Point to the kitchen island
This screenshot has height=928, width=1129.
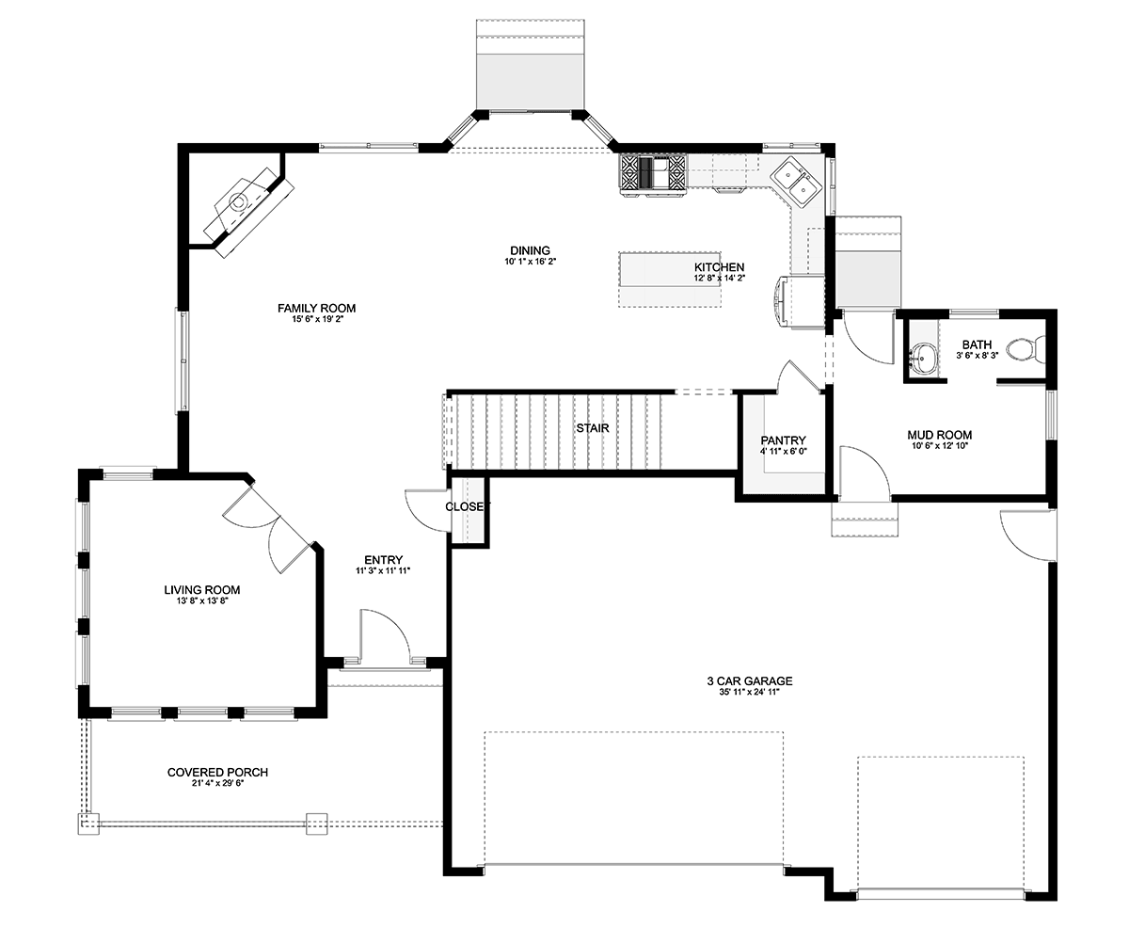tap(670, 279)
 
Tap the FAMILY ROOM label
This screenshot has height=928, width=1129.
tap(316, 308)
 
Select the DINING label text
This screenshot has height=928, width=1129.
tap(530, 250)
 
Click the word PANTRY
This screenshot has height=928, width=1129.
tap(783, 440)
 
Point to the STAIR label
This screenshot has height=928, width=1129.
tap(593, 428)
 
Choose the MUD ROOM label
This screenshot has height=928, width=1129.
tap(940, 435)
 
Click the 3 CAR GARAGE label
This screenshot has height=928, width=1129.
tap(750, 680)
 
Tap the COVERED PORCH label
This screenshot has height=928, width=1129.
tap(217, 772)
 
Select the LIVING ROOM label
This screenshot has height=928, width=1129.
tap(202, 589)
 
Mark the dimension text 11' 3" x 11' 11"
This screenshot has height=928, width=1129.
tap(383, 571)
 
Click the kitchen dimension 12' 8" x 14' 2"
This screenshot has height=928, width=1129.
tap(720, 278)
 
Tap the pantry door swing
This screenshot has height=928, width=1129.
tap(799, 377)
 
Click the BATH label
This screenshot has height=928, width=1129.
tap(977, 344)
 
